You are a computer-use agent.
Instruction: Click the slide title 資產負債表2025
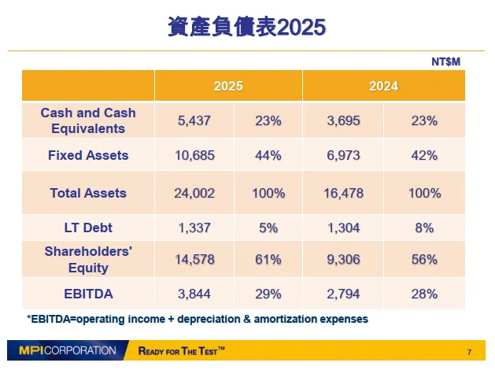click(x=246, y=27)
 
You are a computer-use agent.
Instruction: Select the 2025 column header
click(x=228, y=86)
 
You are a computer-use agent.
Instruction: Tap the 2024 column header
click(x=383, y=86)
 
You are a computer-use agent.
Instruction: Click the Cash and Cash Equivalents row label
click(x=88, y=120)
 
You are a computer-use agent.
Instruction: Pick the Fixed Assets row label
click(x=88, y=155)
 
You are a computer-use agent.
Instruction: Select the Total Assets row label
click(x=88, y=193)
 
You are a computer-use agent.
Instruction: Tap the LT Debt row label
click(x=88, y=228)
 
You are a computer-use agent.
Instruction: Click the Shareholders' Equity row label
click(x=88, y=260)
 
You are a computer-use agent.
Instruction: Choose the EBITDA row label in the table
click(x=88, y=294)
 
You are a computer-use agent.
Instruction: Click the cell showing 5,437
click(x=194, y=121)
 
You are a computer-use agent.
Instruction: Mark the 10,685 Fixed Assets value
click(x=194, y=155)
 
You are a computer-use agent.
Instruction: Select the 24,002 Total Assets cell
click(x=194, y=193)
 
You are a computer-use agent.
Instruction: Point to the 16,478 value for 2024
click(x=343, y=193)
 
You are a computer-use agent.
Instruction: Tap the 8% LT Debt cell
click(x=424, y=228)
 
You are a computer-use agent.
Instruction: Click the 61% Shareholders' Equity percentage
click(x=268, y=260)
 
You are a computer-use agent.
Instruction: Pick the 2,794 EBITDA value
click(x=343, y=294)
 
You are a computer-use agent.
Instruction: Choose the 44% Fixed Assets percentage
click(x=268, y=155)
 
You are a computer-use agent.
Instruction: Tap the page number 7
click(x=469, y=351)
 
